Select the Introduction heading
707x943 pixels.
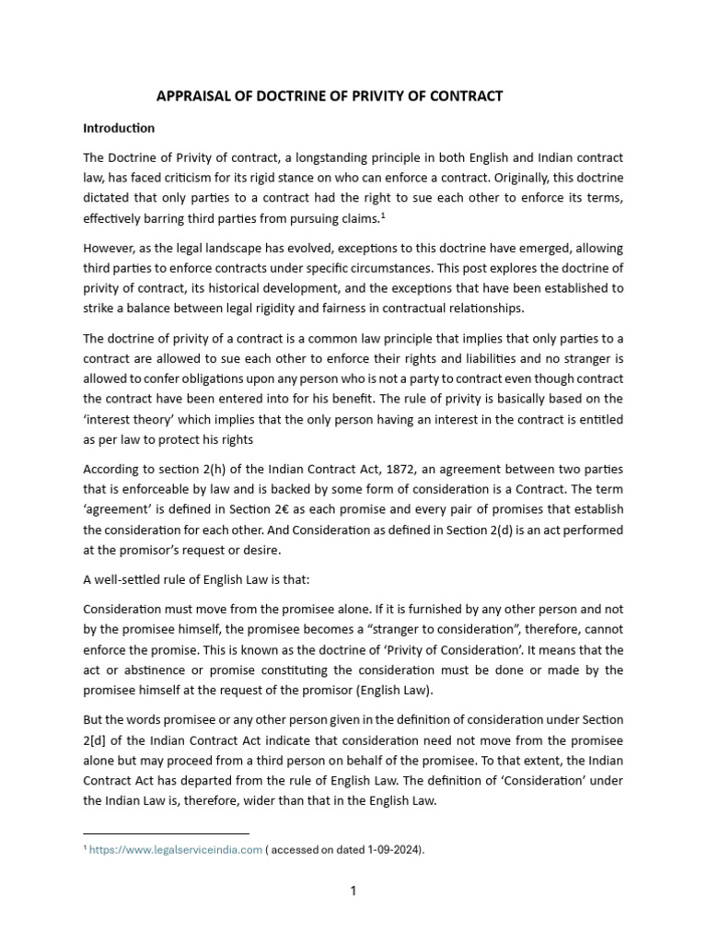pyautogui.click(x=119, y=128)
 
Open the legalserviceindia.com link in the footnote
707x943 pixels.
pyautogui.click(x=176, y=850)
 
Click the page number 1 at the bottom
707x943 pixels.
pyautogui.click(x=353, y=891)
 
